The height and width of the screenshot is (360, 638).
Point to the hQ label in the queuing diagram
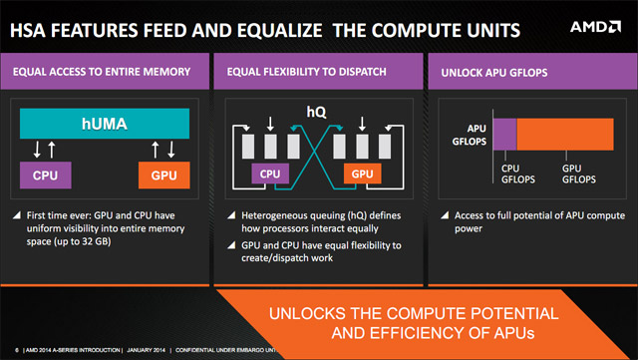(316, 112)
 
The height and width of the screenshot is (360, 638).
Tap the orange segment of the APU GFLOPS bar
(564, 134)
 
